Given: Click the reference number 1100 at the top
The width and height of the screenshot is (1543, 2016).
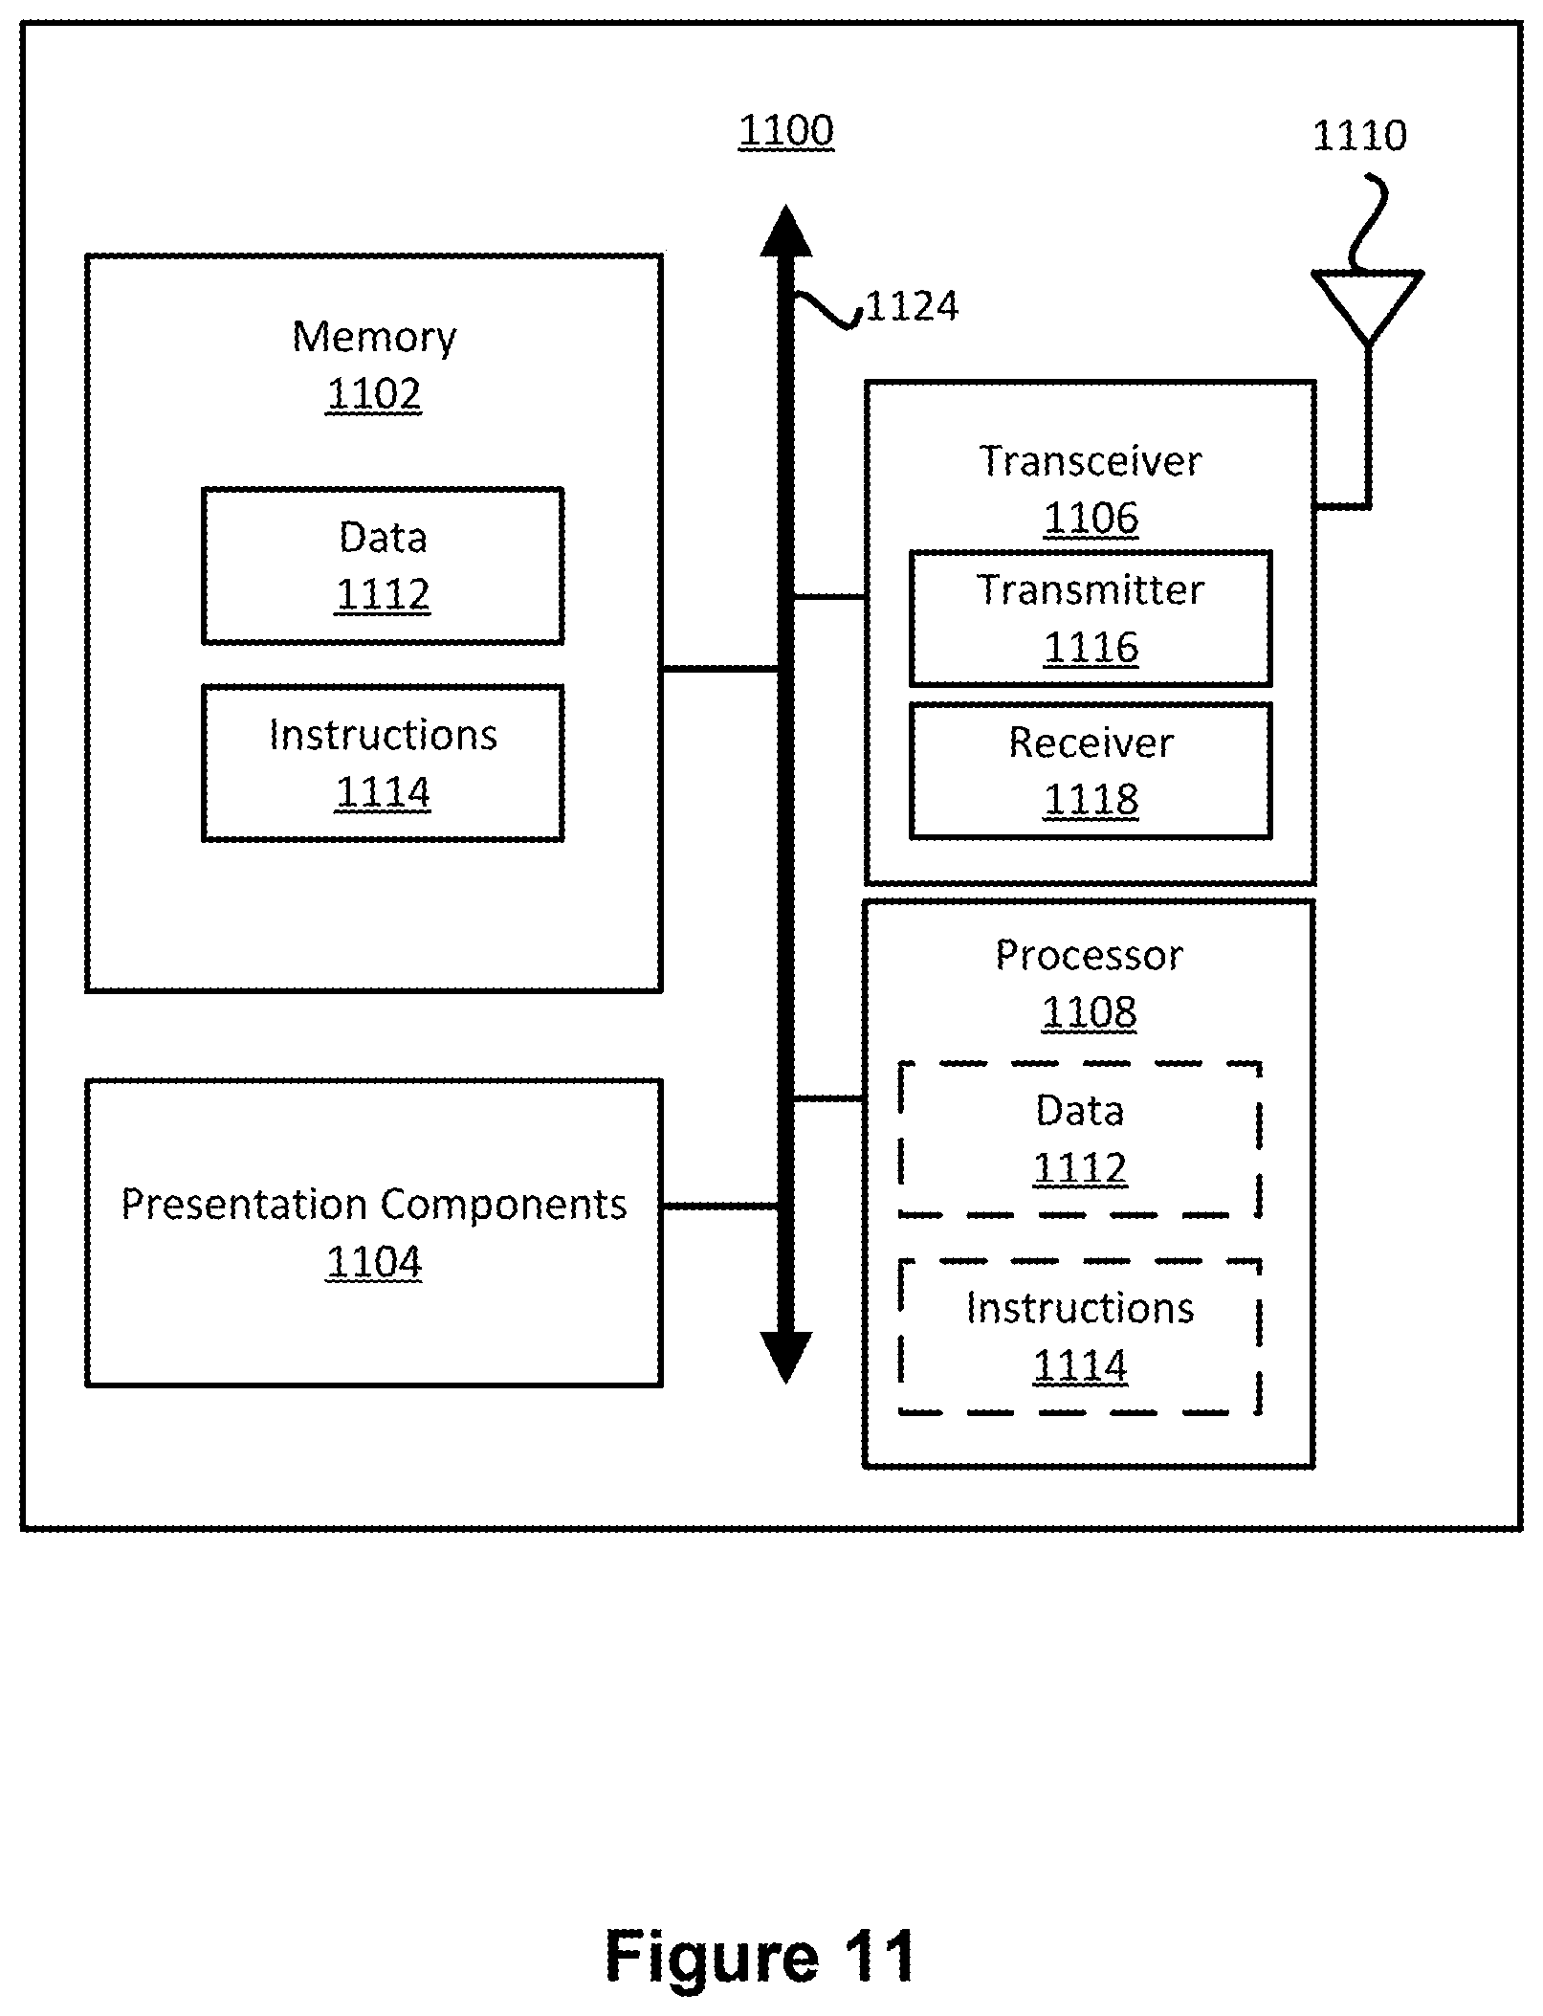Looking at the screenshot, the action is [x=786, y=131].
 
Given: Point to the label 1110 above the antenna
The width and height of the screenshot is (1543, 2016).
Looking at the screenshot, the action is [x=1359, y=136].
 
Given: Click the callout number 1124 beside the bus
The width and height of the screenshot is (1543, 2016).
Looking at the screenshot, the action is [x=912, y=306].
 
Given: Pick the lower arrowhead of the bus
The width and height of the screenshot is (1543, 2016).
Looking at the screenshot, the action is [x=786, y=1357].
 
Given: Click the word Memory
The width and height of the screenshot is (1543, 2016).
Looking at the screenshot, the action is [x=374, y=338].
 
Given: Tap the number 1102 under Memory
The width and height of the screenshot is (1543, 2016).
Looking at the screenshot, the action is [x=374, y=394].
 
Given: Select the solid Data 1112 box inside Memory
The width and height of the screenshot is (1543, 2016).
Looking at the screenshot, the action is [x=383, y=565].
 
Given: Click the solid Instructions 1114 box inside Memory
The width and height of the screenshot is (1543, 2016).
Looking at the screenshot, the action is [x=383, y=763].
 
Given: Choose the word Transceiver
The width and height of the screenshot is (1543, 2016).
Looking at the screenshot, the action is [x=1091, y=461].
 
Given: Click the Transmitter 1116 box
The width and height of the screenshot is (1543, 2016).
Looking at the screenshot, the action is [x=1091, y=618].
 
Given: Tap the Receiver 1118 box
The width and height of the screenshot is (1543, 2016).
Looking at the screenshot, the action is [x=1091, y=771].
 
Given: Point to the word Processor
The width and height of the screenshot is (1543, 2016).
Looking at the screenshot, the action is [x=1090, y=955].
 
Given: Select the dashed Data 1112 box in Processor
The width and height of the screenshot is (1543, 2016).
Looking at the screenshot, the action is [x=1080, y=1139].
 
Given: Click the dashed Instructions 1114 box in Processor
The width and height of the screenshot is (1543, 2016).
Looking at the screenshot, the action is [x=1080, y=1337].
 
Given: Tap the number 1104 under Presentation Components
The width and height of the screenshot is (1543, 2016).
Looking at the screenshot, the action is [x=374, y=1262].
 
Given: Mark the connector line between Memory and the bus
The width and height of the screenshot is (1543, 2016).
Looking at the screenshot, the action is [x=720, y=669].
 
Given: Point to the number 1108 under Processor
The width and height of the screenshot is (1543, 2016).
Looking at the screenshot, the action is [x=1090, y=1011].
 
